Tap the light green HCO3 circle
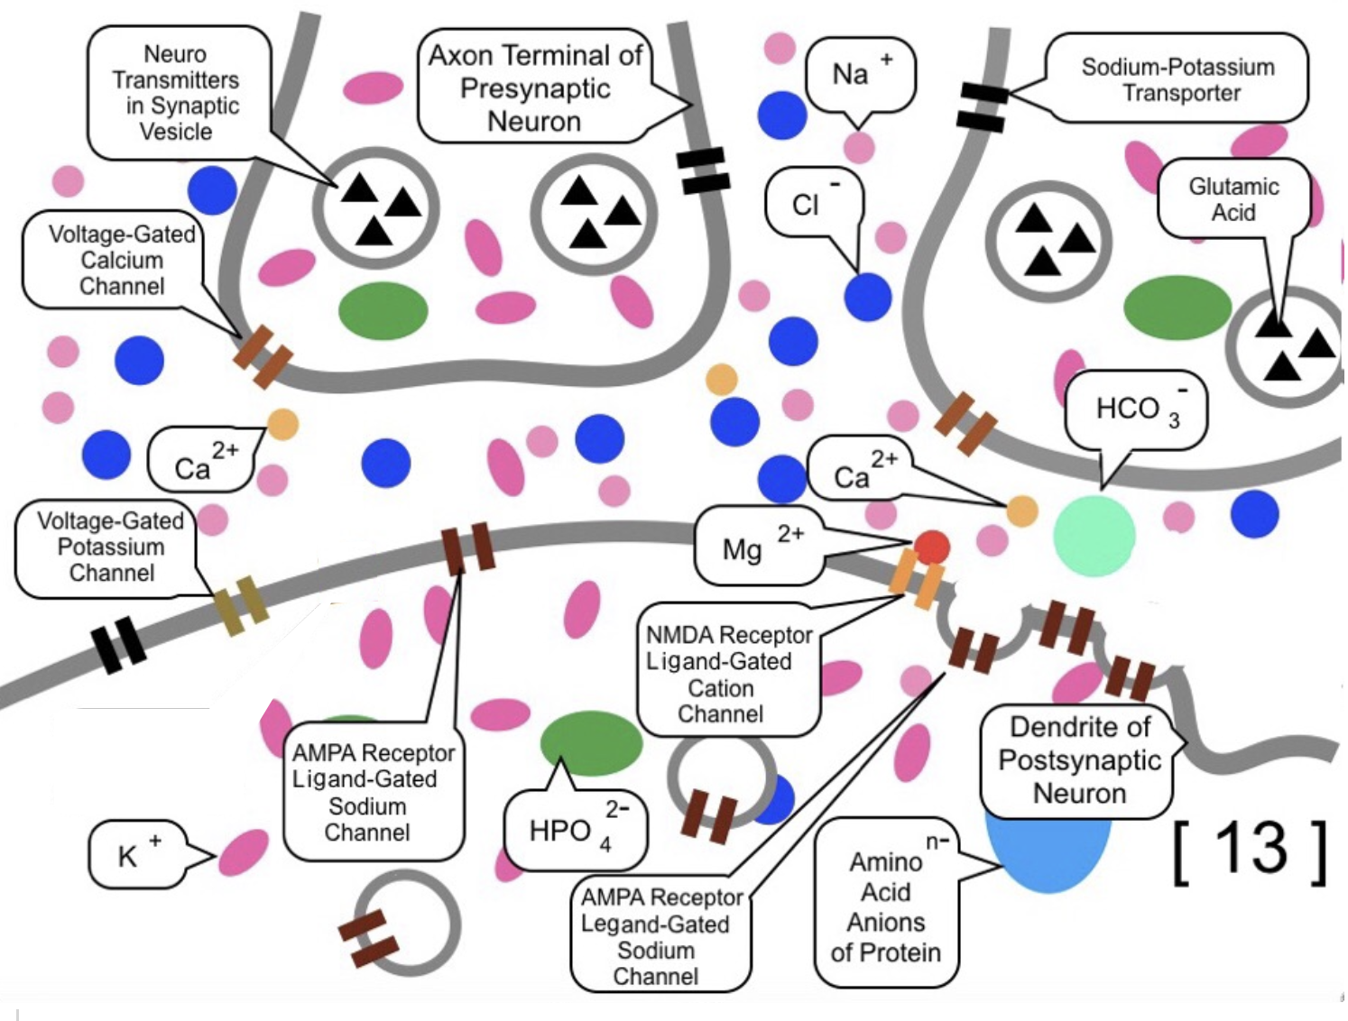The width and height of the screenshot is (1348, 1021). (x=1094, y=535)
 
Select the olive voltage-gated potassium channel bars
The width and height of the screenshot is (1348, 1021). (x=241, y=605)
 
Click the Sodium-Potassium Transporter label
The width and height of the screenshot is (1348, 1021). (x=1177, y=79)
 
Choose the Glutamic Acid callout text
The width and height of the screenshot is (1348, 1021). (x=1233, y=199)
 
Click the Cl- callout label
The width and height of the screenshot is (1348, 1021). (x=812, y=203)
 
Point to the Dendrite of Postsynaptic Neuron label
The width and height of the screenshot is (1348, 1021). (x=1079, y=760)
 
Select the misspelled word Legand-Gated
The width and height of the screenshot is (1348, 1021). (x=655, y=924)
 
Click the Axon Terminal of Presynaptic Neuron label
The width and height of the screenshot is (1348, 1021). (x=534, y=88)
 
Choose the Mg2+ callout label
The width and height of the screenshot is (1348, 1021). (x=758, y=546)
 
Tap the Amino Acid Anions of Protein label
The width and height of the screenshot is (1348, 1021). (x=885, y=906)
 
